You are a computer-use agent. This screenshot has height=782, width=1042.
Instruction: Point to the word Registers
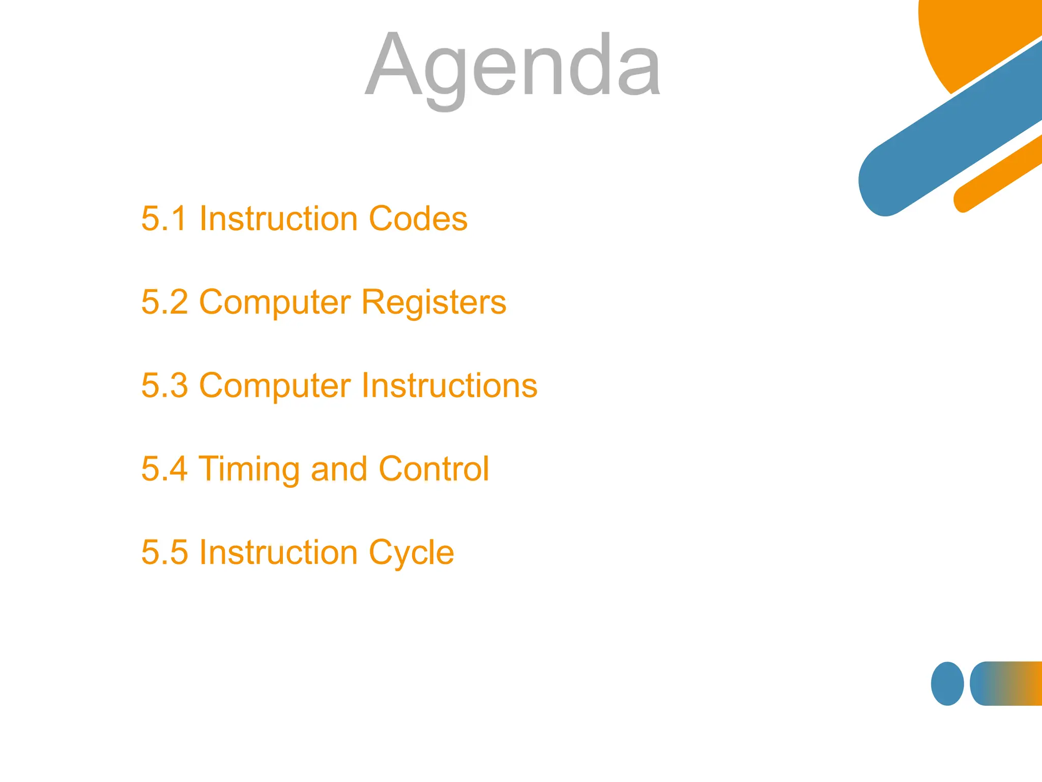click(x=433, y=303)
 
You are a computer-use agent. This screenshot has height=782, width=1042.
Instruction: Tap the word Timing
click(x=248, y=470)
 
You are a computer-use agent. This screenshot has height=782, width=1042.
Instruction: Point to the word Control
click(x=433, y=469)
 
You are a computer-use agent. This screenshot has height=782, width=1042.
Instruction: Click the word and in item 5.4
click(x=338, y=469)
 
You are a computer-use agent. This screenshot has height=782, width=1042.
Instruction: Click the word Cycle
click(x=411, y=553)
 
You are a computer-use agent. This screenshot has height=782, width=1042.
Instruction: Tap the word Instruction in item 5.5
click(x=278, y=552)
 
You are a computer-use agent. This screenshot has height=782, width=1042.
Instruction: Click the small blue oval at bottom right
click(x=947, y=683)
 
